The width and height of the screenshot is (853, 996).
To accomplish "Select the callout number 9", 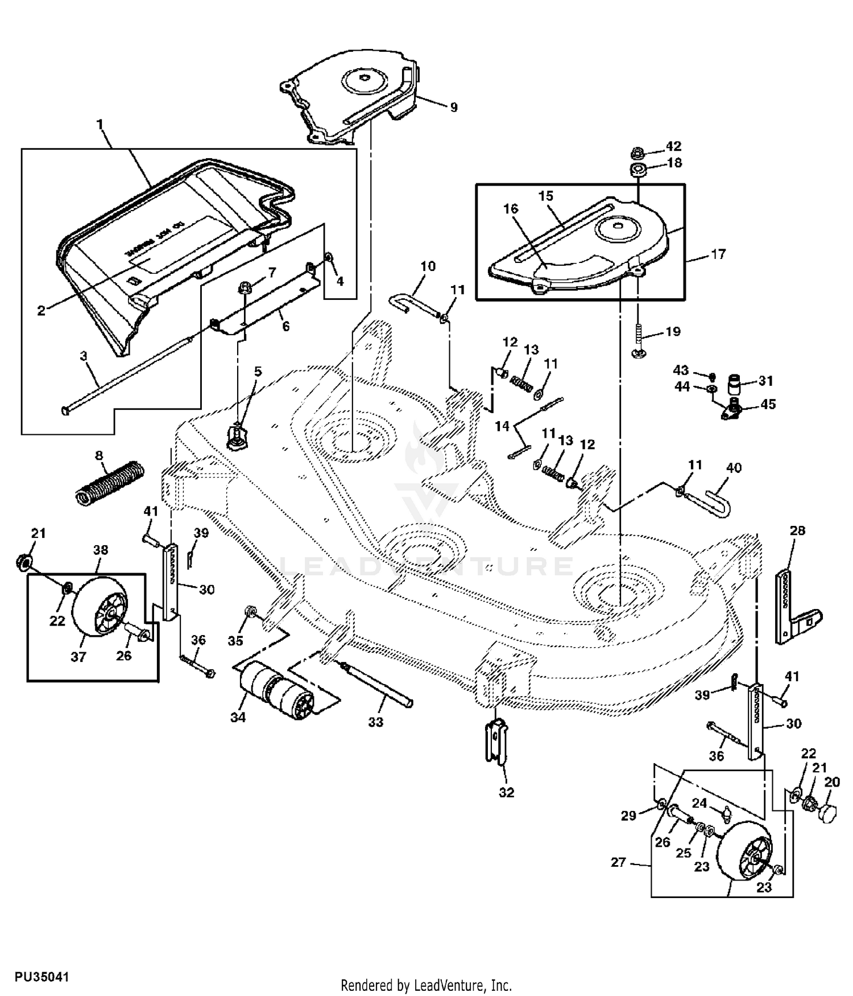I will click(x=454, y=107).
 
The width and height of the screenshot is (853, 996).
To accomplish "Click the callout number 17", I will click(x=719, y=254).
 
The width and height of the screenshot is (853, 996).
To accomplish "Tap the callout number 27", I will click(x=618, y=862).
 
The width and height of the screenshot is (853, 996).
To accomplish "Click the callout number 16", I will click(x=511, y=209).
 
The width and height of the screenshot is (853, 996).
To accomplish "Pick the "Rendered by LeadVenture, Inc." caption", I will click(x=426, y=985).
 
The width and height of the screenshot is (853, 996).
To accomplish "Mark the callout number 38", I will click(x=101, y=550).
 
